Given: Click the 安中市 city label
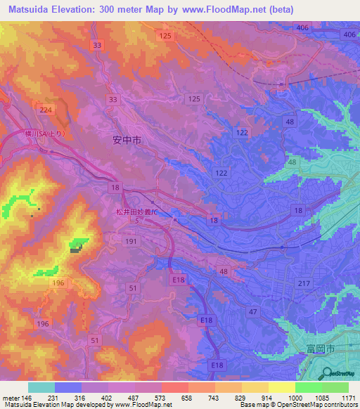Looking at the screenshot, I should tap(127, 140).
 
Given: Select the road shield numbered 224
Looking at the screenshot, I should tap(47, 110).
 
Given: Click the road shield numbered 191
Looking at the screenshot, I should tap(131, 240).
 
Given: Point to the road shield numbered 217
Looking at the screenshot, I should tap(303, 283).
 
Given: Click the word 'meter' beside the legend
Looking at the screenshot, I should tap(11, 398).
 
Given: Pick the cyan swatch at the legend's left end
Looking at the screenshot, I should tap(41, 387).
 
